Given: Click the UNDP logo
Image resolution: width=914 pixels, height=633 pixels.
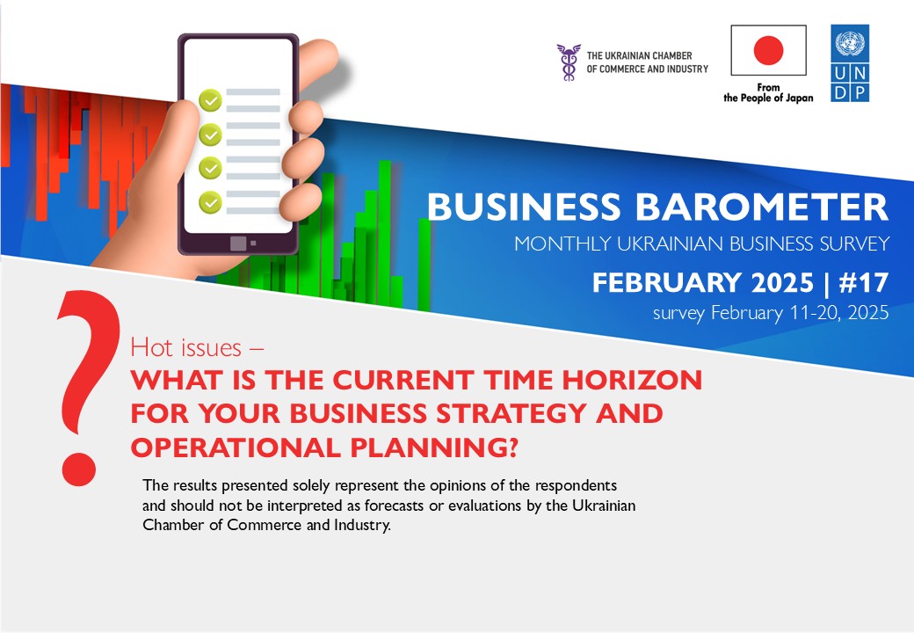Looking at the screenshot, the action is [x=850, y=63].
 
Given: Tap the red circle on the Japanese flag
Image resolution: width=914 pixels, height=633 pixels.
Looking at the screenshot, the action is [x=768, y=49].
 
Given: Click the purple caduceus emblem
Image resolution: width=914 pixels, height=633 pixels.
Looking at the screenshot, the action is [x=569, y=62].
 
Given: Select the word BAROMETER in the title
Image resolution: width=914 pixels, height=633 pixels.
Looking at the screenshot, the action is [x=761, y=207].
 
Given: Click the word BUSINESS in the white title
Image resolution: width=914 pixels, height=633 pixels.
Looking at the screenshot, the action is [x=524, y=207].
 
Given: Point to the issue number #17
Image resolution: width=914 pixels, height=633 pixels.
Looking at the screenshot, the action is [x=863, y=283].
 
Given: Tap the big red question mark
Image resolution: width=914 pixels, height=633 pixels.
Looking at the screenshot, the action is [x=87, y=388].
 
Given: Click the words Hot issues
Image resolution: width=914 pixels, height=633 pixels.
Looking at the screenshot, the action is [x=185, y=347].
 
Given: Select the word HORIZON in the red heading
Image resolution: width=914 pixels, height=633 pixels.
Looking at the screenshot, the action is [x=632, y=380].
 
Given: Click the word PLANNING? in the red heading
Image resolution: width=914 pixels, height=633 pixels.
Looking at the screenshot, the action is [x=434, y=447].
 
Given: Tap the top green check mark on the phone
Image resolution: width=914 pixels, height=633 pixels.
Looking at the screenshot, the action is [x=210, y=100].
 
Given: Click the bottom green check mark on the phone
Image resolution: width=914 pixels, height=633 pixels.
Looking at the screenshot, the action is [x=210, y=202].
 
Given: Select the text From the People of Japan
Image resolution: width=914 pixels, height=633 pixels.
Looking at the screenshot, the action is [x=768, y=92].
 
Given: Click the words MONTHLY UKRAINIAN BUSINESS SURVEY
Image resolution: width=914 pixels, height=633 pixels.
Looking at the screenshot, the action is [x=702, y=244].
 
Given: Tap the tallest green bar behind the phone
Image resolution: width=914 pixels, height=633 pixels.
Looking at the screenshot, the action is [x=385, y=232].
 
